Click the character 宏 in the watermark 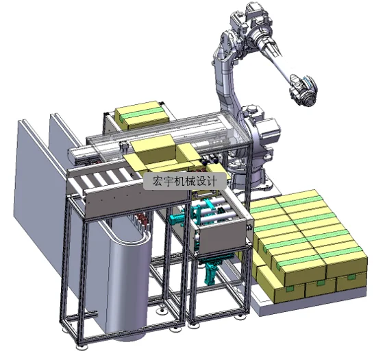158,181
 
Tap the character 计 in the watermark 212,181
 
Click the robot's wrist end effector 303,90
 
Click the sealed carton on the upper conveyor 142,115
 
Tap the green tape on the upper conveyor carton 142,114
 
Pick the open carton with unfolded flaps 163,156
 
